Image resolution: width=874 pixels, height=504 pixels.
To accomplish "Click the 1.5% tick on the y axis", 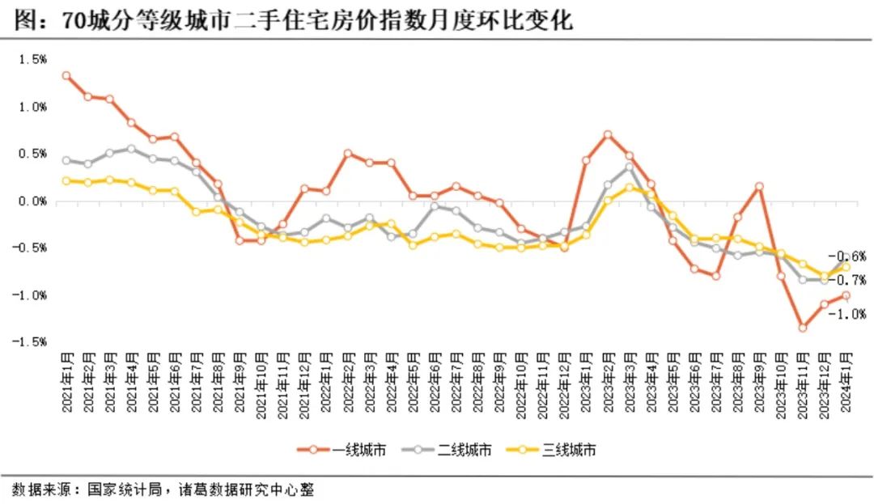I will point(34,59).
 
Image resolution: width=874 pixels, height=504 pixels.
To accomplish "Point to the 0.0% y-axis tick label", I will point(34,201).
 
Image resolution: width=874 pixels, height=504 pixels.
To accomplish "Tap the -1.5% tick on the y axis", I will point(32,342).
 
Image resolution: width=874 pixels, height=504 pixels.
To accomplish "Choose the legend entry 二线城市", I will point(456,450).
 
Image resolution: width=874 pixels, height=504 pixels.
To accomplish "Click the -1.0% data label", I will point(851,314).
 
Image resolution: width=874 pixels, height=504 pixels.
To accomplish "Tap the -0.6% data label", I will point(851,256).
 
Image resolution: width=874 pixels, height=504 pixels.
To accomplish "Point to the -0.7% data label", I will point(851,281).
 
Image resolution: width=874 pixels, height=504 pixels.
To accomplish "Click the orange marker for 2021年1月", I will point(66,76).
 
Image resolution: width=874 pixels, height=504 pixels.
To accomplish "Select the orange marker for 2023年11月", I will point(803,328).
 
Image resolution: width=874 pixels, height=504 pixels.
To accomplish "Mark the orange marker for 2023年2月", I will point(608,135).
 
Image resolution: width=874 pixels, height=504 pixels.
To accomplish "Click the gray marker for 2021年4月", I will point(131,149).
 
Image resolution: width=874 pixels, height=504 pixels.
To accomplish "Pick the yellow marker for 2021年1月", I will point(66,180).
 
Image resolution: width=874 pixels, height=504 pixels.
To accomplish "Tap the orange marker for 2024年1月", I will point(846,295).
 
